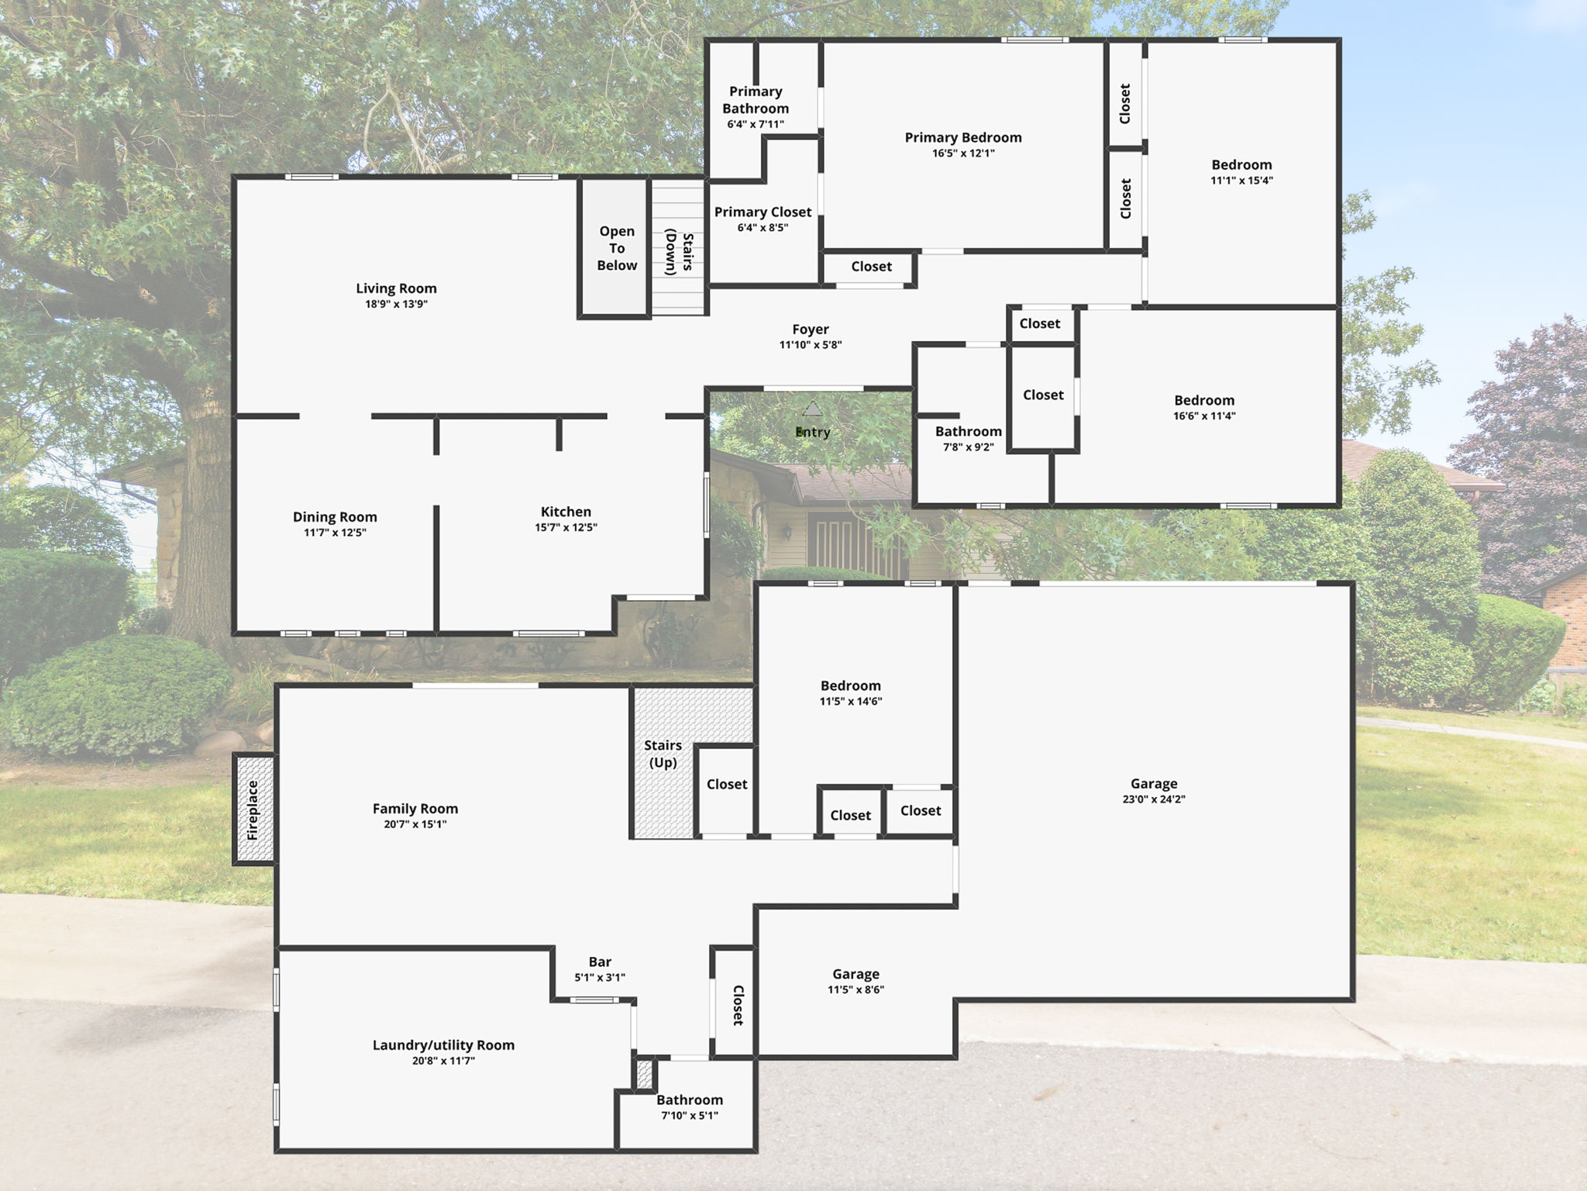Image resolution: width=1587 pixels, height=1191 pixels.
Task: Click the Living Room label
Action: (x=396, y=288)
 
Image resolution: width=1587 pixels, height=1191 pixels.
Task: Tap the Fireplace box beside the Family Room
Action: (x=253, y=810)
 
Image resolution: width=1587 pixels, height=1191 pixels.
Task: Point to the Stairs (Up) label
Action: (x=663, y=754)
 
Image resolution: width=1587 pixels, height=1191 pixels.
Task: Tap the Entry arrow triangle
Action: (x=811, y=409)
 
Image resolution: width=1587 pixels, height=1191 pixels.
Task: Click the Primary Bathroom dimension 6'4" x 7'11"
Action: (x=756, y=124)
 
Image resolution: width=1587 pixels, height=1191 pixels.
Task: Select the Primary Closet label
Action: (x=763, y=212)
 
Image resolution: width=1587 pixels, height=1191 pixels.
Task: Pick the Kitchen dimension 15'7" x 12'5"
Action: (x=566, y=527)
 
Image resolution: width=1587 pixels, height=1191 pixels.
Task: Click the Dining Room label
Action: (x=335, y=517)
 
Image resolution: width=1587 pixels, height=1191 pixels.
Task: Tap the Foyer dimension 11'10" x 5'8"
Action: (x=811, y=345)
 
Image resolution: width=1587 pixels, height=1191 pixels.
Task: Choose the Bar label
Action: (x=600, y=962)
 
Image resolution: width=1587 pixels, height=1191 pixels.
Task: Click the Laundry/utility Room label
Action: (x=443, y=1045)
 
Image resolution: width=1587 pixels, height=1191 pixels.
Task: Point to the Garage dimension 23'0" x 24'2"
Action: (x=1154, y=799)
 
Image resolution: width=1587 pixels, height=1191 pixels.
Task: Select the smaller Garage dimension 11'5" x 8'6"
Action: (x=855, y=989)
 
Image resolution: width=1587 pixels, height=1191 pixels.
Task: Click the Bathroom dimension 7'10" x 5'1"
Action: (x=690, y=1115)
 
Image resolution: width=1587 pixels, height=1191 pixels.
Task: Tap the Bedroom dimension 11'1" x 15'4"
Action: (x=1241, y=181)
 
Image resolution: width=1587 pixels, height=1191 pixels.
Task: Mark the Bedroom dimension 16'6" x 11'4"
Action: (x=1204, y=416)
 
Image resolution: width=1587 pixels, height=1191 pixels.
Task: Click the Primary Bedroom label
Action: (x=963, y=138)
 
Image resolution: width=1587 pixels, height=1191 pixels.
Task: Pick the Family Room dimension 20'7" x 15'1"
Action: (x=415, y=824)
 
